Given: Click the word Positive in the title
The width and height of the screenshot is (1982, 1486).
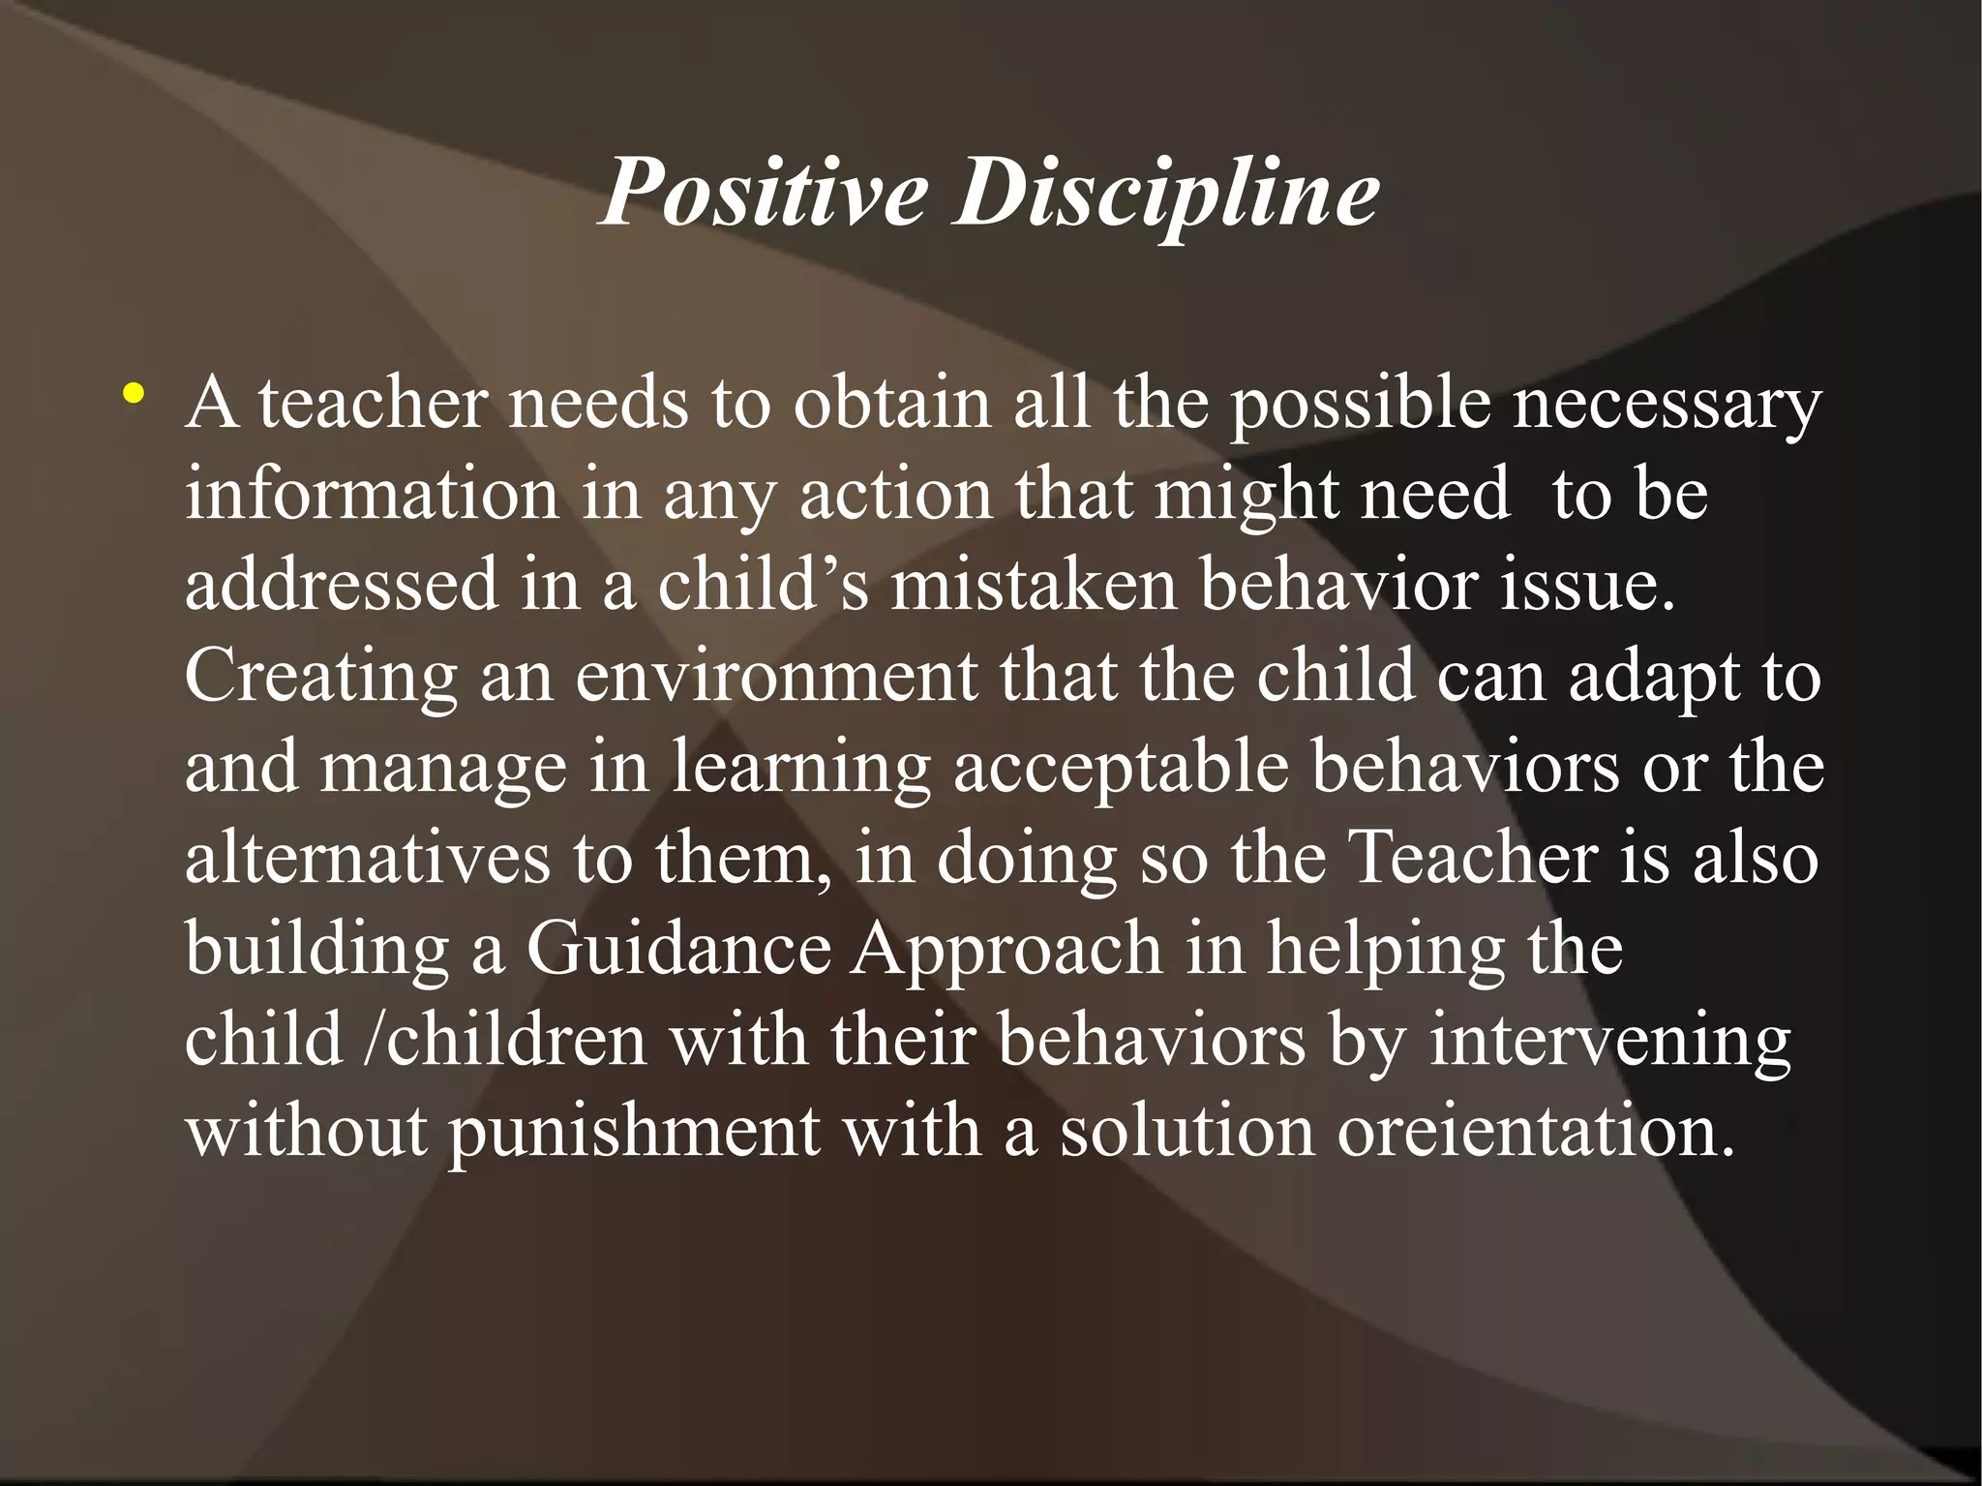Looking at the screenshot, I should point(763,193).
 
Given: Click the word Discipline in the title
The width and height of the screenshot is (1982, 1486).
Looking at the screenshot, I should point(1167,193).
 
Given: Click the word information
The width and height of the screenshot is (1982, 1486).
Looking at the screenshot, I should point(372,493).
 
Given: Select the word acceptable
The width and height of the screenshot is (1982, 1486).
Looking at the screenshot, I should point(1120,766).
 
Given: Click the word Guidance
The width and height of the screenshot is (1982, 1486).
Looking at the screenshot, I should point(678,948).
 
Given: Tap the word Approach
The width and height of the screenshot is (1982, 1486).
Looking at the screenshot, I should point(1006,948).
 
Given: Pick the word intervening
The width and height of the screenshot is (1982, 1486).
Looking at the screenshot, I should point(1609,1039).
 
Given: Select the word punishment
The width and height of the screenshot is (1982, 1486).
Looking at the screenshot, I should point(634,1130).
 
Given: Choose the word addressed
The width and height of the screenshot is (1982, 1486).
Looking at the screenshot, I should point(341,584).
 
